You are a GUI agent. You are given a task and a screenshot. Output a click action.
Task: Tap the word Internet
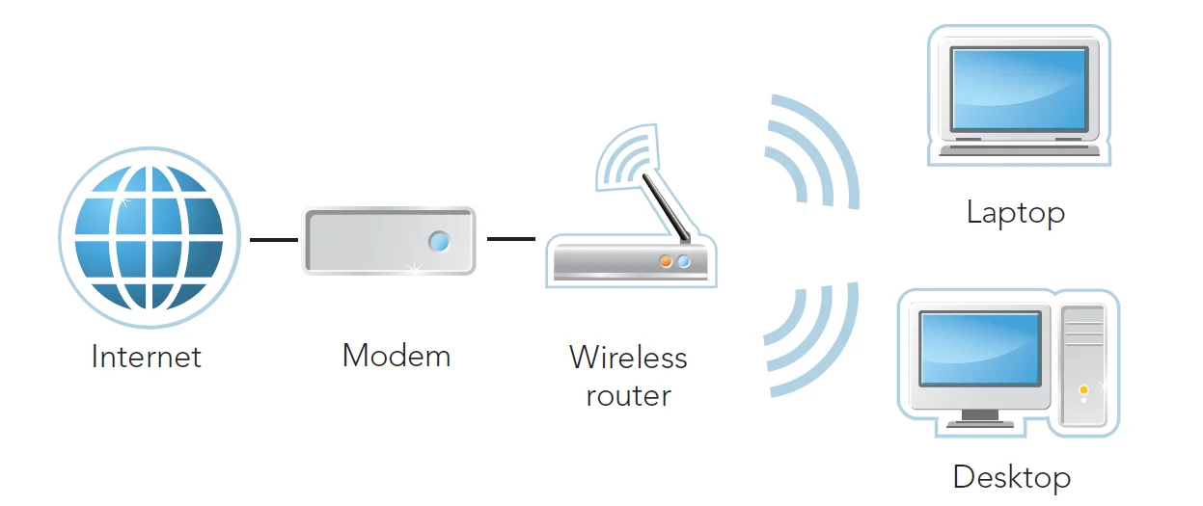pyautogui.click(x=147, y=358)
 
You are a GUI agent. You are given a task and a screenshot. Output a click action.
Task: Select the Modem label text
pyautogui.click(x=396, y=356)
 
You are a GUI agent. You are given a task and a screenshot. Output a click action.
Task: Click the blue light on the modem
pyautogui.click(x=439, y=241)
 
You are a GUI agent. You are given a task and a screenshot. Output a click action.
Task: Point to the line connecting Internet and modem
pyautogui.click(x=274, y=239)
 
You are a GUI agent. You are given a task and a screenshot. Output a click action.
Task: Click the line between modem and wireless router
pyautogui.click(x=510, y=238)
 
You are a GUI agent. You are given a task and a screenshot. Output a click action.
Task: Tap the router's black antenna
pyautogui.click(x=667, y=207)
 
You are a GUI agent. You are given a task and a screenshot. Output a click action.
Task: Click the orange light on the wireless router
pyautogui.click(x=666, y=261)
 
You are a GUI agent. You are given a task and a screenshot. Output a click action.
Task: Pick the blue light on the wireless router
pyautogui.click(x=684, y=261)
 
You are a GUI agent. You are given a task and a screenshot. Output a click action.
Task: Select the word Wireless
pyautogui.click(x=628, y=358)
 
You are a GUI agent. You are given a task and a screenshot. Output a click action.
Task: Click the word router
pyautogui.click(x=628, y=395)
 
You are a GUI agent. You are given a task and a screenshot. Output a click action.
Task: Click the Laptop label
pyautogui.click(x=1016, y=212)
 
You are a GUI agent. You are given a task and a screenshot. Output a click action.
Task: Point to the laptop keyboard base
pyautogui.click(x=1018, y=148)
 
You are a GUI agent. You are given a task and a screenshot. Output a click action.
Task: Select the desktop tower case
pyautogui.click(x=1083, y=364)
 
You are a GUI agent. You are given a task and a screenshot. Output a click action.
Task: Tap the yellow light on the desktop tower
pyautogui.click(x=1083, y=389)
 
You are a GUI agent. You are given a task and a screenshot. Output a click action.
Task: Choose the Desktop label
pyautogui.click(x=1011, y=477)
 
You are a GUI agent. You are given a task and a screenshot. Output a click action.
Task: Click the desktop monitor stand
pyautogui.click(x=980, y=416)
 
